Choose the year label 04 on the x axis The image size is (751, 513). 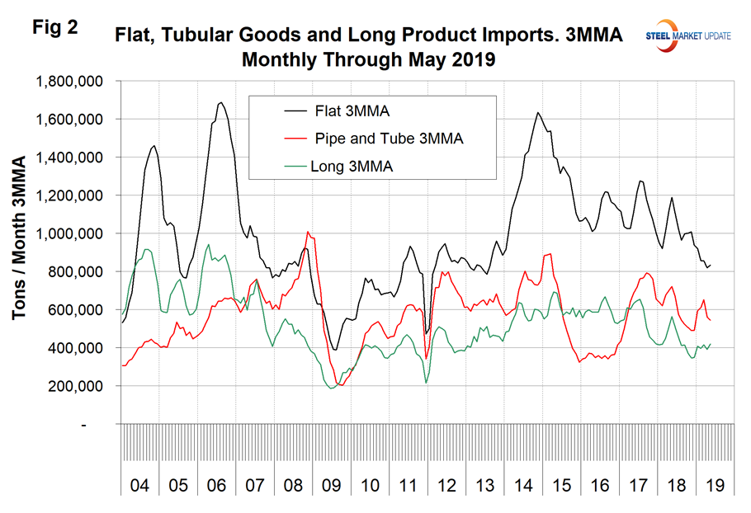(x=141, y=486)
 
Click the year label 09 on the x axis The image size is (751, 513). (x=332, y=486)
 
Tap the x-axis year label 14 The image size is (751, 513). (x=523, y=486)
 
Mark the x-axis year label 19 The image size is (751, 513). (x=714, y=486)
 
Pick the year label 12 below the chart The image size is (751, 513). (x=447, y=486)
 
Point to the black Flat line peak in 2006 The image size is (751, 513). (x=220, y=103)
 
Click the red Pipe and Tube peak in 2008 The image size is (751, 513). (x=308, y=232)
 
